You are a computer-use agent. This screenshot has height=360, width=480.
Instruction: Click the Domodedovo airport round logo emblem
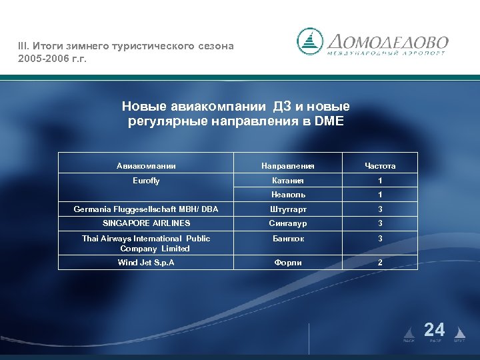(310, 41)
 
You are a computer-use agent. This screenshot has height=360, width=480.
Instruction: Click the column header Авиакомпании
(146, 165)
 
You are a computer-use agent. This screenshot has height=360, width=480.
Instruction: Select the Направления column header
(288, 165)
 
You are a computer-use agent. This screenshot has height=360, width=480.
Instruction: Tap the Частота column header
(380, 165)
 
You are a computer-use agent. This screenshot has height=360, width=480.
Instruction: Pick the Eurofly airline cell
(146, 181)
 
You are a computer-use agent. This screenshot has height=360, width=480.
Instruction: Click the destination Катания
(288, 181)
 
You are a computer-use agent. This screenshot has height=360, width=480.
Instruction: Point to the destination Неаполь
(288, 195)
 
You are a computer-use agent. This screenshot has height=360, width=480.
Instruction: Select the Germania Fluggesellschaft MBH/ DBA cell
(146, 209)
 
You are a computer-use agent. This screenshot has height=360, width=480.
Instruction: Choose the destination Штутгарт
(288, 209)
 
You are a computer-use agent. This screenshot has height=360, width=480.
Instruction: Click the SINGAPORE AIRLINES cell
(146, 223)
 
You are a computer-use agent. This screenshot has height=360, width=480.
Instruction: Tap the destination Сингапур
(288, 223)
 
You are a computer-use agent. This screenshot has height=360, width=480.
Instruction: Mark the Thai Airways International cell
(146, 243)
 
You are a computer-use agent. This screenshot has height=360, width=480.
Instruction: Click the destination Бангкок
(288, 239)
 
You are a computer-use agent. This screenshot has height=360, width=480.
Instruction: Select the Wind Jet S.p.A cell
(146, 262)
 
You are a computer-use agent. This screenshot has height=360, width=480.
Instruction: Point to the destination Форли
(288, 262)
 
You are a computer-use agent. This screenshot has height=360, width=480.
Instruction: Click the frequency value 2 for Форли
(380, 262)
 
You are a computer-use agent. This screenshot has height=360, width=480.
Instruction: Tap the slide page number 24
(434, 329)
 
